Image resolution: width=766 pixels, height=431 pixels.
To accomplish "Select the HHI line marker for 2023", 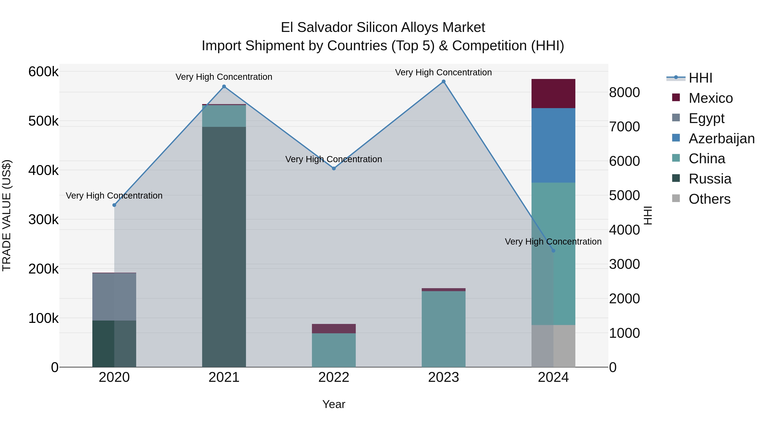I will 443,82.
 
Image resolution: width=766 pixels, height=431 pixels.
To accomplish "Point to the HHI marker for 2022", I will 334,168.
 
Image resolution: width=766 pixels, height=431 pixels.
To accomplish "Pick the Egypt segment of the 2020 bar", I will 114,296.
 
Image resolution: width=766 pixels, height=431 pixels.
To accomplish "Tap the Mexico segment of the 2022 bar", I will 334,328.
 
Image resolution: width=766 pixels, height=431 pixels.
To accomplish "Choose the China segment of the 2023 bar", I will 443,329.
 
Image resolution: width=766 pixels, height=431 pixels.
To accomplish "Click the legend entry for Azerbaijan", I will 721,139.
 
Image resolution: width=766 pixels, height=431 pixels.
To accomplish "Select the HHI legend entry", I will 700,78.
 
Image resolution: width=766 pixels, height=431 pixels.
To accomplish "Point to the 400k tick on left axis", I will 43,170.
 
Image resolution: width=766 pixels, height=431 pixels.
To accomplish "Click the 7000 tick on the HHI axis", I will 624,127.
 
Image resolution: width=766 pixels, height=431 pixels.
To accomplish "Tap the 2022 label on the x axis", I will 334,377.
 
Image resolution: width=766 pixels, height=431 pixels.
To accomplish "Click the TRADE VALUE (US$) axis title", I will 7,215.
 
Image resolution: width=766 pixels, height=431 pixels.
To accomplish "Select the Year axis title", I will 334,404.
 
